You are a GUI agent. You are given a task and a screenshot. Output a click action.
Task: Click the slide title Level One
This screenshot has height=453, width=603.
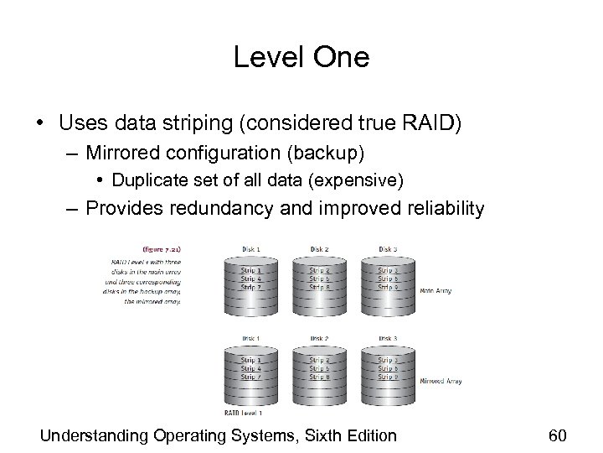301,57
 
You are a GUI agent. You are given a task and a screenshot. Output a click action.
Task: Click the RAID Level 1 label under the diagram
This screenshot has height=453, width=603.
244,413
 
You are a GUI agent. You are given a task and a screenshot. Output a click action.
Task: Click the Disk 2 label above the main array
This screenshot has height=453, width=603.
318,249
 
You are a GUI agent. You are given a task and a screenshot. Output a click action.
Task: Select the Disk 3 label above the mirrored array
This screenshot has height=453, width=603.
387,338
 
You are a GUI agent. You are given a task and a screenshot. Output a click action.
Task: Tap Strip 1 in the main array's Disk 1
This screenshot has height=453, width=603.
250,270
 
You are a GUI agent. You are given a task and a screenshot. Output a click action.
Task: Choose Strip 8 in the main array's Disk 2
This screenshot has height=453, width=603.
318,287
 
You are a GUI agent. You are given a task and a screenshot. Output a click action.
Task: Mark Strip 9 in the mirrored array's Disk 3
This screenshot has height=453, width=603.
387,376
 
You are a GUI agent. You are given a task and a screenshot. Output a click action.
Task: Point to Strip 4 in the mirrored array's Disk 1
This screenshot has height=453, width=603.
250,367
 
